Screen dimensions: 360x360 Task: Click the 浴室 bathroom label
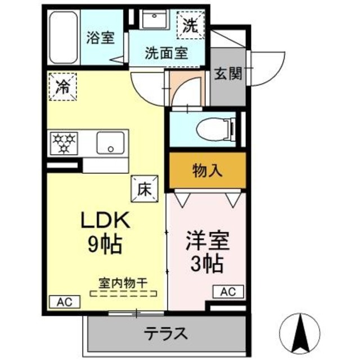pos(101,38)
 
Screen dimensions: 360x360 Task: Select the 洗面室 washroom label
pos(166,55)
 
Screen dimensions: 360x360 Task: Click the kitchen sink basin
pos(112,143)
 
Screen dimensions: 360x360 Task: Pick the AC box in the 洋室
pos(227,292)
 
